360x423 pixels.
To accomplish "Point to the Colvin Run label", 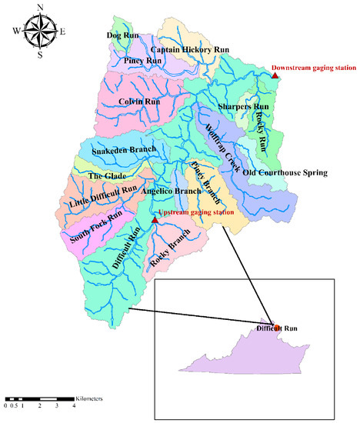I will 139,101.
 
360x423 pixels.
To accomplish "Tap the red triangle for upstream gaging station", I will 155,221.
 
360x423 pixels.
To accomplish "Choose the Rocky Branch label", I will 169,250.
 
